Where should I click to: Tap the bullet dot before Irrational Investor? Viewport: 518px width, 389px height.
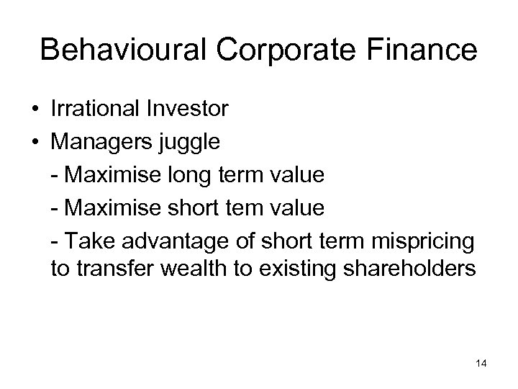click(x=35, y=110)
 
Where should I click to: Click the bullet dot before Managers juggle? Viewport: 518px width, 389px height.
click(x=35, y=143)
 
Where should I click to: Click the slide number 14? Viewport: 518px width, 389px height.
click(x=481, y=365)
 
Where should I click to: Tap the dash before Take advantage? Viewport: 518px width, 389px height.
click(x=55, y=241)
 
